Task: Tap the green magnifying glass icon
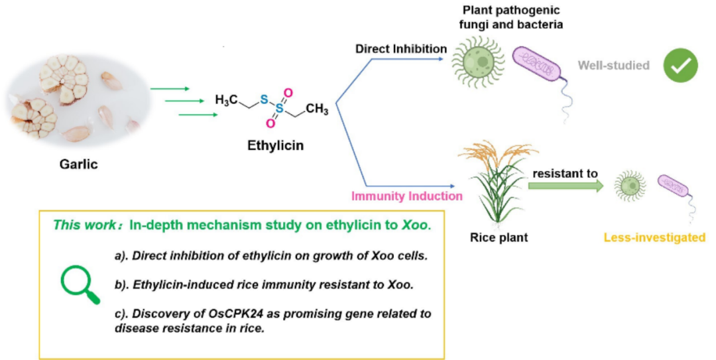[x=80, y=286]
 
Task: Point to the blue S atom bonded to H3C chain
[x=263, y=99]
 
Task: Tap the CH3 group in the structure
[x=316, y=109]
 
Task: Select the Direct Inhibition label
[x=400, y=49]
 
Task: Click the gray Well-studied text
[x=613, y=65]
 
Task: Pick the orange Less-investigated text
[x=658, y=237]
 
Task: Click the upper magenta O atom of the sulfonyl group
[x=288, y=93]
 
